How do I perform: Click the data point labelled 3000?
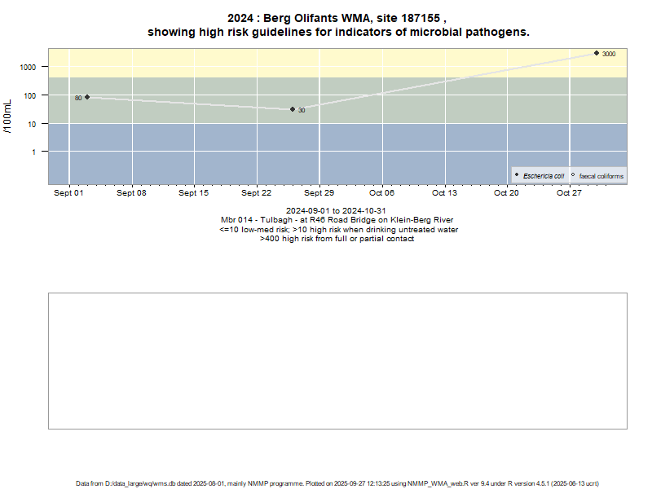click(x=597, y=53)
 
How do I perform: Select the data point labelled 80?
click(x=87, y=97)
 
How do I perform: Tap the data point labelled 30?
click(x=293, y=109)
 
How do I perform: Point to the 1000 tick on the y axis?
click(x=29, y=68)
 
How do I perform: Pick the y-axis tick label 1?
click(x=34, y=152)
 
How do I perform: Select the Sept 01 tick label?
click(x=69, y=193)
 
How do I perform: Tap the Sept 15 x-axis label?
click(x=194, y=193)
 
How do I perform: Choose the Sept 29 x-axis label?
click(x=319, y=193)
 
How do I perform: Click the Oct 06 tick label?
click(x=381, y=193)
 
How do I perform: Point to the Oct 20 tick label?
click(x=506, y=193)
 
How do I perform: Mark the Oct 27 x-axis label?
click(x=569, y=193)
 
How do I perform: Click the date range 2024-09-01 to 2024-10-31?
click(x=337, y=211)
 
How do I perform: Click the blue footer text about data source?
click(x=337, y=483)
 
